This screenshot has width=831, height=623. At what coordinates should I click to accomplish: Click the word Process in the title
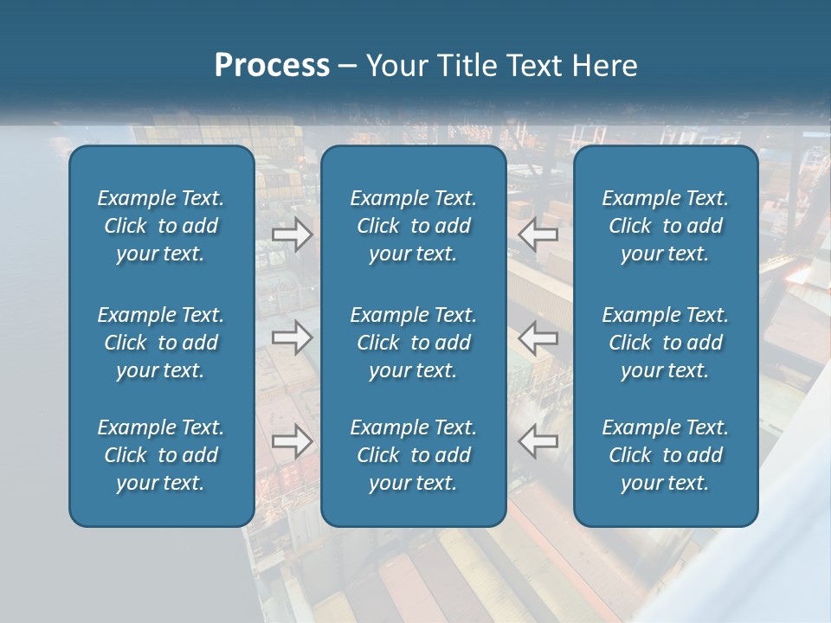pyautogui.click(x=272, y=66)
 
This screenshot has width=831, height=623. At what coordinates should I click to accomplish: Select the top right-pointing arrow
pyautogui.click(x=292, y=234)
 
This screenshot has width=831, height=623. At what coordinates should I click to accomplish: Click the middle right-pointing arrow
pyautogui.click(x=292, y=337)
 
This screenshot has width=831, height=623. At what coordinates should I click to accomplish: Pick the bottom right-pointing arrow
pyautogui.click(x=292, y=441)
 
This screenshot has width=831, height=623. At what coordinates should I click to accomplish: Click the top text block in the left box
pyautogui.click(x=161, y=226)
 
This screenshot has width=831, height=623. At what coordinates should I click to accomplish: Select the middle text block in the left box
pyautogui.click(x=161, y=343)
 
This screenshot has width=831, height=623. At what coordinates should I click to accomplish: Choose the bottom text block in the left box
pyautogui.click(x=161, y=455)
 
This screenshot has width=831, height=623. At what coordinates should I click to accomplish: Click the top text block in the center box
pyautogui.click(x=413, y=226)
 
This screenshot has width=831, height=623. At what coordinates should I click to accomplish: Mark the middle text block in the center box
pyautogui.click(x=413, y=343)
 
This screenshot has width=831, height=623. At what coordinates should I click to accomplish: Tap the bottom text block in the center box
pyautogui.click(x=413, y=455)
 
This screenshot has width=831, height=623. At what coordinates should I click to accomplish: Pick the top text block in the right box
pyautogui.click(x=665, y=226)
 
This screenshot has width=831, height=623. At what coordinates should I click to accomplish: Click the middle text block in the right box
pyautogui.click(x=665, y=343)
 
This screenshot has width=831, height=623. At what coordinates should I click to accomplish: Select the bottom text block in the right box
pyautogui.click(x=665, y=455)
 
